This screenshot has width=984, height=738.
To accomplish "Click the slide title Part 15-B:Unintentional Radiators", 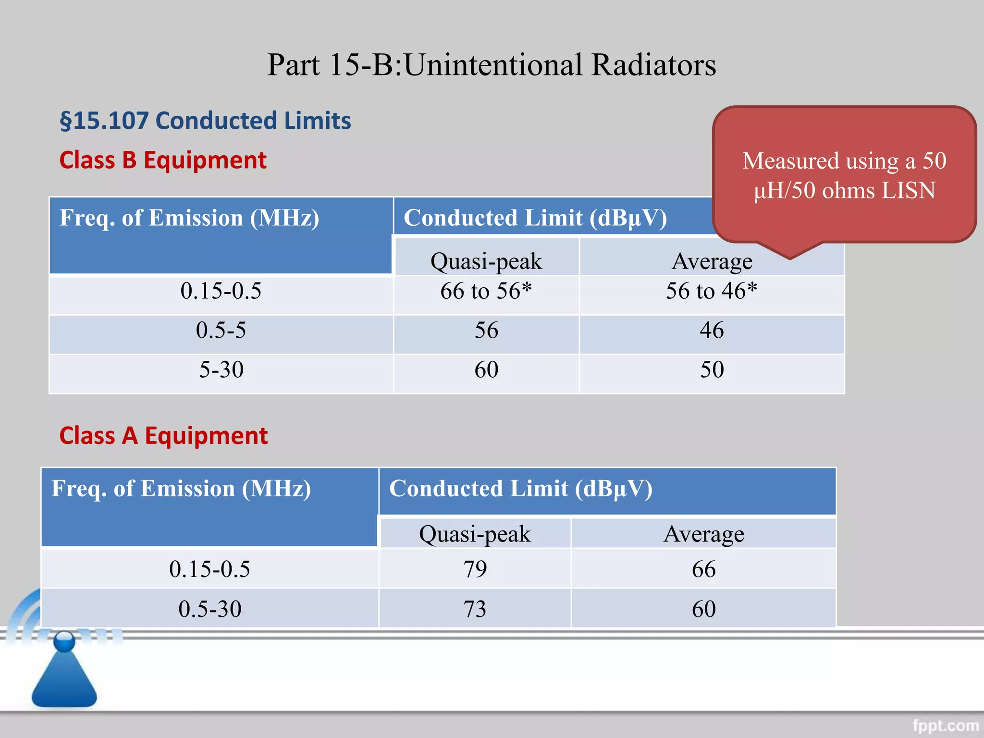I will (491, 65).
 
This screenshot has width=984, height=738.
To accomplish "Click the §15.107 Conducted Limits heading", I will (205, 121).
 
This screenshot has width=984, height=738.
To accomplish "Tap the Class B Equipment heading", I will (162, 160).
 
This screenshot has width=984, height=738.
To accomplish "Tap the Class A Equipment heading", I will (163, 436).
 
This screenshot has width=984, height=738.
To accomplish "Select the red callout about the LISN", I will (844, 175).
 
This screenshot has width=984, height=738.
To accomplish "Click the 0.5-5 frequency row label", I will (221, 331).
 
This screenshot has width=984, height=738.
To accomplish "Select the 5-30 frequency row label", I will (221, 370).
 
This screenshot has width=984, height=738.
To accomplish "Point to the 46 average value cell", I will (711, 331).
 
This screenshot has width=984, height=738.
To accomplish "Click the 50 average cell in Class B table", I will (711, 370).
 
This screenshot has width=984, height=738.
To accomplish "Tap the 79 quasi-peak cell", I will (475, 569).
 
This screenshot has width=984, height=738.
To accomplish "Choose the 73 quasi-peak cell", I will (475, 609).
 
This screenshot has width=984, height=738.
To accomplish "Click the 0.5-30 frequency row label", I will (209, 609).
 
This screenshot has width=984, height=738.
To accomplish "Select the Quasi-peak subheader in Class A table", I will (475, 534).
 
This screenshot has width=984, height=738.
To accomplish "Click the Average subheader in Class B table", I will (711, 262).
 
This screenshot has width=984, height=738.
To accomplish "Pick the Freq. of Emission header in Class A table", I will (181, 489).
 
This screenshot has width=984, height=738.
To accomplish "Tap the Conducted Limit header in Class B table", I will (535, 218).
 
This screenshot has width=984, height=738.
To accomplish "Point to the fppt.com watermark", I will (945, 725).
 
